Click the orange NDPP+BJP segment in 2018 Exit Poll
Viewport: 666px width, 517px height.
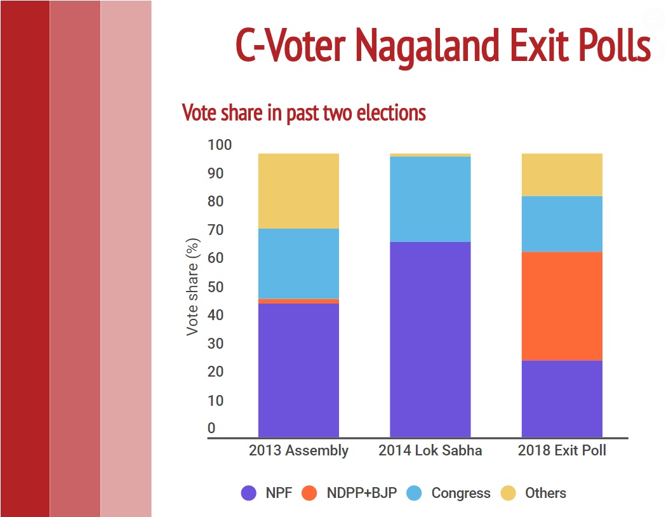[x=562, y=306]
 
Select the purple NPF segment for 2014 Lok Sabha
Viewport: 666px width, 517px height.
[x=430, y=339]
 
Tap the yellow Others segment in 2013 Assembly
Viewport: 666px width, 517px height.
[x=298, y=191]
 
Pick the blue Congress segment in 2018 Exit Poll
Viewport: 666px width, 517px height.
[x=562, y=224]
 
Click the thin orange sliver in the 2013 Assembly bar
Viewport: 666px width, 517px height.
[x=298, y=301]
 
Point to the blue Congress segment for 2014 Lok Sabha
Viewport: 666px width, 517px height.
[x=430, y=199]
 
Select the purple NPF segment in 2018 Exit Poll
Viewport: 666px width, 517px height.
[x=562, y=399]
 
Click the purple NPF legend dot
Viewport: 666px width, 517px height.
[x=248, y=493]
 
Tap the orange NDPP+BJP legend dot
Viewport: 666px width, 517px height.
[x=309, y=493]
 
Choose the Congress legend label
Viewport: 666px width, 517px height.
[x=461, y=493]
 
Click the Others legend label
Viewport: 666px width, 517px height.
[x=545, y=493]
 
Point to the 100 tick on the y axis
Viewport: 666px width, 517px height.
[x=220, y=145]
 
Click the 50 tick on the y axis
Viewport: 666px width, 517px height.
[x=215, y=286]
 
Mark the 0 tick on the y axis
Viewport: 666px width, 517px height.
[x=211, y=428]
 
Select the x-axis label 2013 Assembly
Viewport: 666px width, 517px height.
[x=298, y=450]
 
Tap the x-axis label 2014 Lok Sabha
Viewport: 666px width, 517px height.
[x=430, y=450]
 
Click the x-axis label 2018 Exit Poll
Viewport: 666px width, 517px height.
[x=562, y=450]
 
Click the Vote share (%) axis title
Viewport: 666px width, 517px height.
[x=192, y=286]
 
